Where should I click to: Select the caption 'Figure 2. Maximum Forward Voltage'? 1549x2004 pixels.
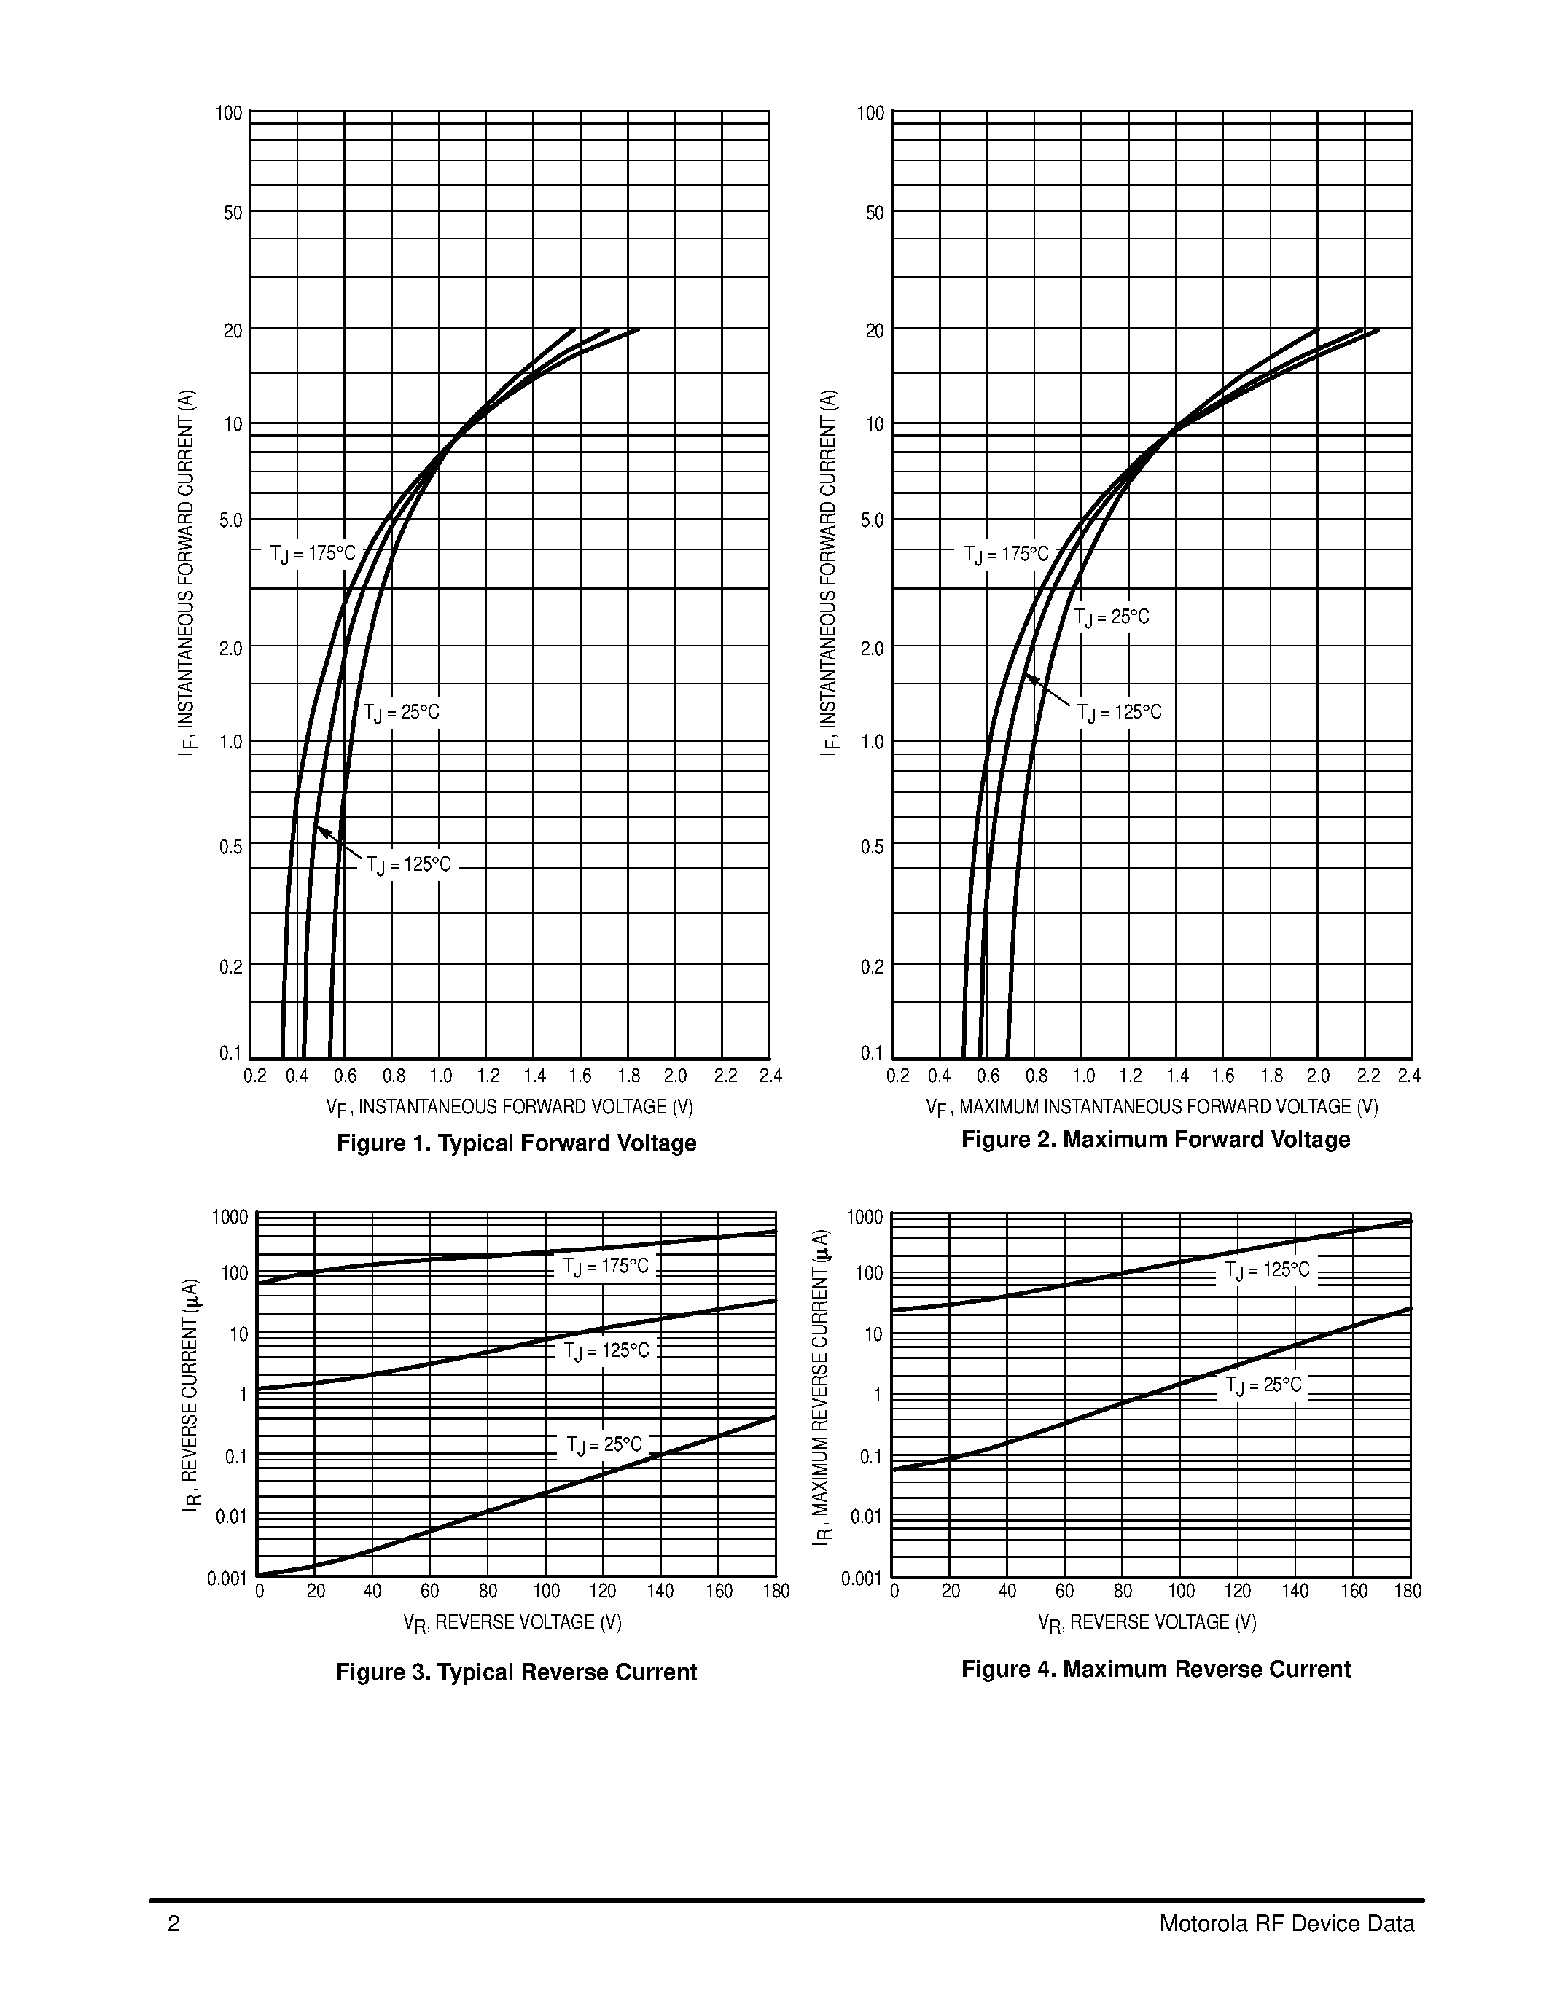pos(1155,1140)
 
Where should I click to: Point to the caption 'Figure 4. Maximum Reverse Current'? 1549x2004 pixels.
pos(1155,1669)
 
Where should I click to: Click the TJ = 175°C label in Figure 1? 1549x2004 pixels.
pos(312,555)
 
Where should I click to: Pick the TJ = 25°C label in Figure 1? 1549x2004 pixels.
pos(401,713)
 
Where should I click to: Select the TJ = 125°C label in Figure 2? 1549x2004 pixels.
pos(1119,713)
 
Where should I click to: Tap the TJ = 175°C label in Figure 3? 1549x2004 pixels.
pos(606,1267)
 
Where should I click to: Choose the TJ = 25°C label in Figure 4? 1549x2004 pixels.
pos(1263,1385)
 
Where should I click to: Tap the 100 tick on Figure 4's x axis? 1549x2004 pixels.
pos(1180,1591)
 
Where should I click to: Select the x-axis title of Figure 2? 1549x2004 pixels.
pos(1152,1108)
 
